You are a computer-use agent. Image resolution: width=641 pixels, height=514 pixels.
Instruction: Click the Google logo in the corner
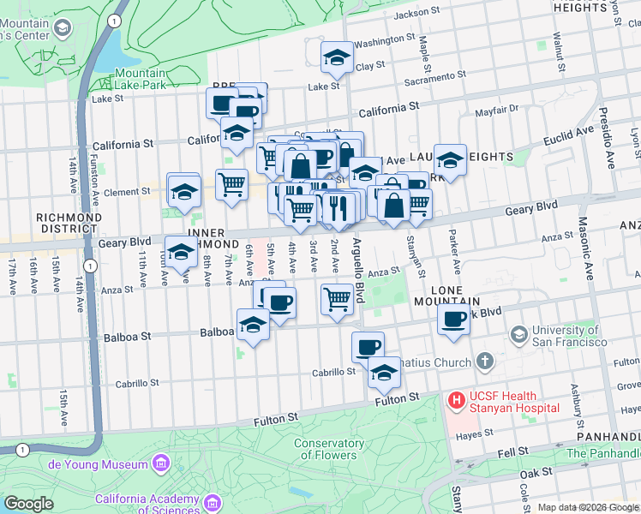28,504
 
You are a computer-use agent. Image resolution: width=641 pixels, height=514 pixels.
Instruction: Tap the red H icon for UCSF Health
454,399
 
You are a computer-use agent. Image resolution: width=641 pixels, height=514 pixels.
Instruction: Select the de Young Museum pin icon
160,464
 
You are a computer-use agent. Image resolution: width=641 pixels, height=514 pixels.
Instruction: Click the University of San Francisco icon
518,333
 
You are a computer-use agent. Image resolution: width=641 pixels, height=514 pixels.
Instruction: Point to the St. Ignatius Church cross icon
484,362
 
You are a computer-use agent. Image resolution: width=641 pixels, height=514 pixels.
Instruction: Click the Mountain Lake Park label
139,81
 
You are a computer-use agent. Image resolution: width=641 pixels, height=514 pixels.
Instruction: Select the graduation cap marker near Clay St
337,57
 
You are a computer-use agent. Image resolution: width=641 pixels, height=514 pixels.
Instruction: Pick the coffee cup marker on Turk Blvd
453,319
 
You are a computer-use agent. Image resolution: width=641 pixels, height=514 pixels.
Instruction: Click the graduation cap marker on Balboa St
253,326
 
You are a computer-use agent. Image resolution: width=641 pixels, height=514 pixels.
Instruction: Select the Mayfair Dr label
497,110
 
